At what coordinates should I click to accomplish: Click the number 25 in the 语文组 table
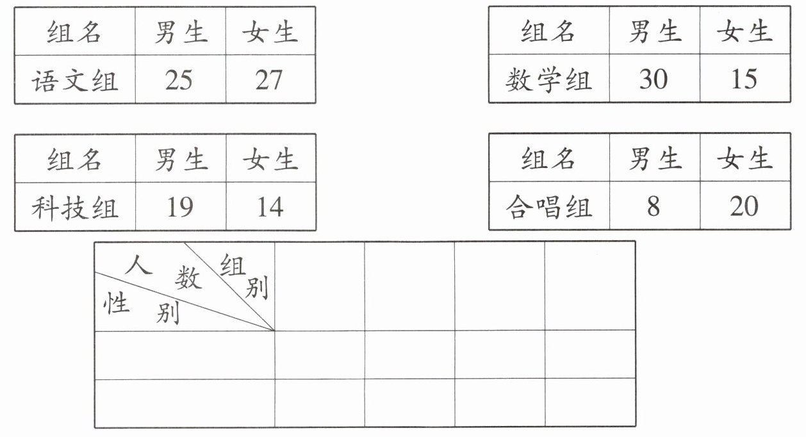pyautogui.click(x=179, y=79)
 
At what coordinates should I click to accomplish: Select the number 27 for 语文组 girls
pyautogui.click(x=269, y=79)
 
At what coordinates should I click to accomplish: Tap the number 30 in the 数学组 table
pyautogui.click(x=653, y=79)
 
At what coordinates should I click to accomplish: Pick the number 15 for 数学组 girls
pyautogui.click(x=744, y=79)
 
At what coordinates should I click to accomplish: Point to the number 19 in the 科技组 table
pyautogui.click(x=179, y=207)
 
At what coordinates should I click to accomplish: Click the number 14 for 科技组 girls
pyautogui.click(x=269, y=207)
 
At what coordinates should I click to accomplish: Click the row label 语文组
pyautogui.click(x=75, y=80)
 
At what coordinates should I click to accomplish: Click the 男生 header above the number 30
pyautogui.click(x=654, y=31)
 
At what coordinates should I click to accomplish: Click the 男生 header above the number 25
pyautogui.click(x=180, y=31)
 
